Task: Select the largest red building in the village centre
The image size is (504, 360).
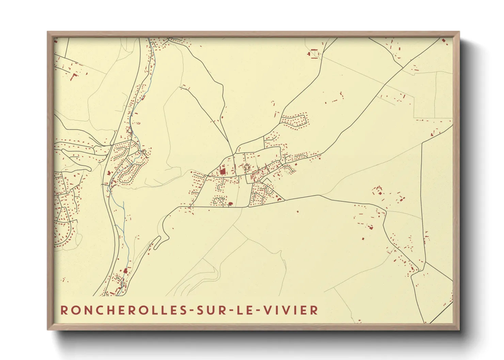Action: (223, 171)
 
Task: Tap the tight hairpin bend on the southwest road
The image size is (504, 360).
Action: (166, 235)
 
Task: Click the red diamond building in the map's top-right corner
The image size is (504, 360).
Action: (443, 41)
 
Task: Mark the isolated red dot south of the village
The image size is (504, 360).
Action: (298, 212)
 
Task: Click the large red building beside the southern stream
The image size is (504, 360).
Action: (125, 271)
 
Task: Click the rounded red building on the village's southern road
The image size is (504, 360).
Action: (230, 204)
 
